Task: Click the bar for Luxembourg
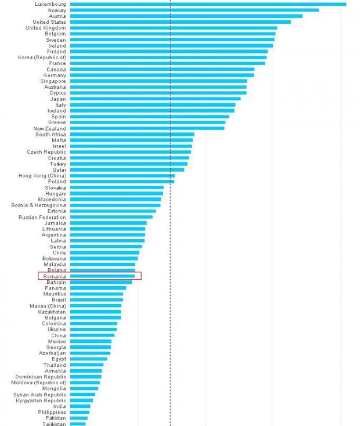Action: tap(208, 4)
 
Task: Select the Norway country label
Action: tap(56, 10)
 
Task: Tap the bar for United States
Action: tap(180, 22)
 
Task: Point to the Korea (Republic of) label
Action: tap(42, 57)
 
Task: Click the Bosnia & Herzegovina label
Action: tap(38, 205)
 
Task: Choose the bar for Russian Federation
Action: tap(111, 217)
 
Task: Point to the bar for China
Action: tap(92, 335)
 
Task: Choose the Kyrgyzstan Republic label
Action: tap(40, 400)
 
